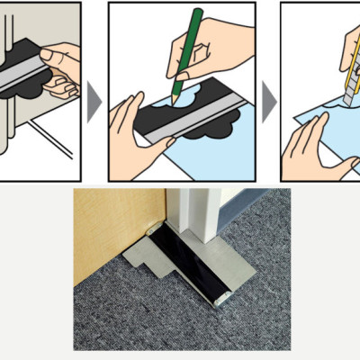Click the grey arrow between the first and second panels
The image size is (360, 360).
point(94,103)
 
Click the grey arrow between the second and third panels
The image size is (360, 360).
point(267,103)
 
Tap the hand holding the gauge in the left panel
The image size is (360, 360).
point(63,67)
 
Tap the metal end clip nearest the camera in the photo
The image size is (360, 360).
point(220,297)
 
